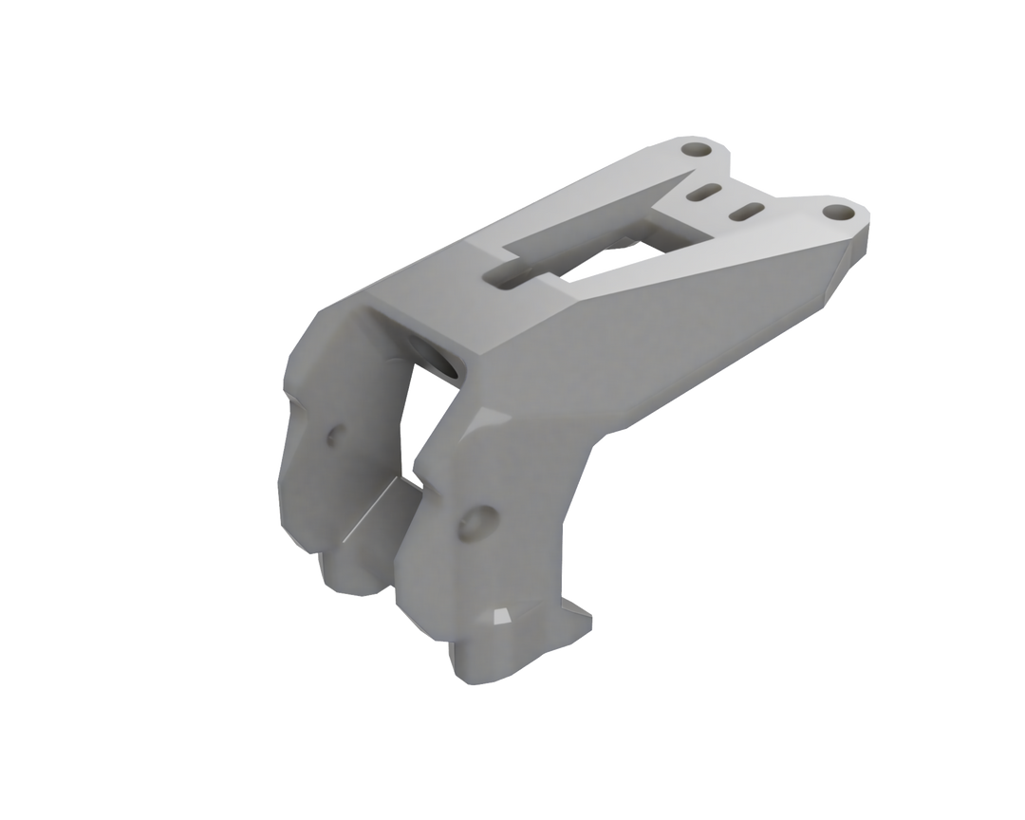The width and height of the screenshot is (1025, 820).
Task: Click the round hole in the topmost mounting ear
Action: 699,151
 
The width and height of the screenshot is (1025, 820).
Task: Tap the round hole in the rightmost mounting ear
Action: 835,211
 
